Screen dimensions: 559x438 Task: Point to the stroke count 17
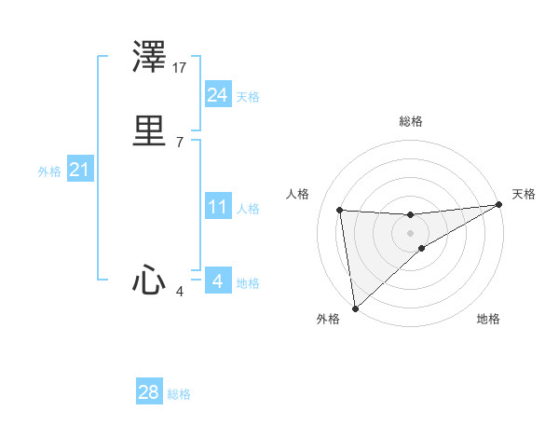click(x=181, y=68)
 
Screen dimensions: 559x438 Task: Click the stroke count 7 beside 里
click(x=179, y=142)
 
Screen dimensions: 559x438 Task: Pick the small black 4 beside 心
click(x=180, y=293)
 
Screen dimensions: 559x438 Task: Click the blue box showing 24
click(x=217, y=95)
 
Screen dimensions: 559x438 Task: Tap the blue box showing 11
click(x=217, y=207)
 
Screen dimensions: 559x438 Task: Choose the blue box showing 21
click(x=79, y=171)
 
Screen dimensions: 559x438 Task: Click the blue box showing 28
click(x=148, y=392)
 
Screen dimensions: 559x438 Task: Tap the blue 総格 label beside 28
click(x=179, y=394)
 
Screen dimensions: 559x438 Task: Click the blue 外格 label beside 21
click(x=49, y=171)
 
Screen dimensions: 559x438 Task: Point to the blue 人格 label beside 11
click(x=249, y=209)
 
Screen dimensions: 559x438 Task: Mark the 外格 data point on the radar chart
click(x=354, y=308)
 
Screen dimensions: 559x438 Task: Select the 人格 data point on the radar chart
click(x=340, y=210)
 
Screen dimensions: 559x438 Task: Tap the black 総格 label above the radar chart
click(x=411, y=121)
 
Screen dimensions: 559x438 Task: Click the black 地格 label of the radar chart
click(x=488, y=320)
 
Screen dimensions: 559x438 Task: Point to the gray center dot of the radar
click(x=411, y=232)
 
